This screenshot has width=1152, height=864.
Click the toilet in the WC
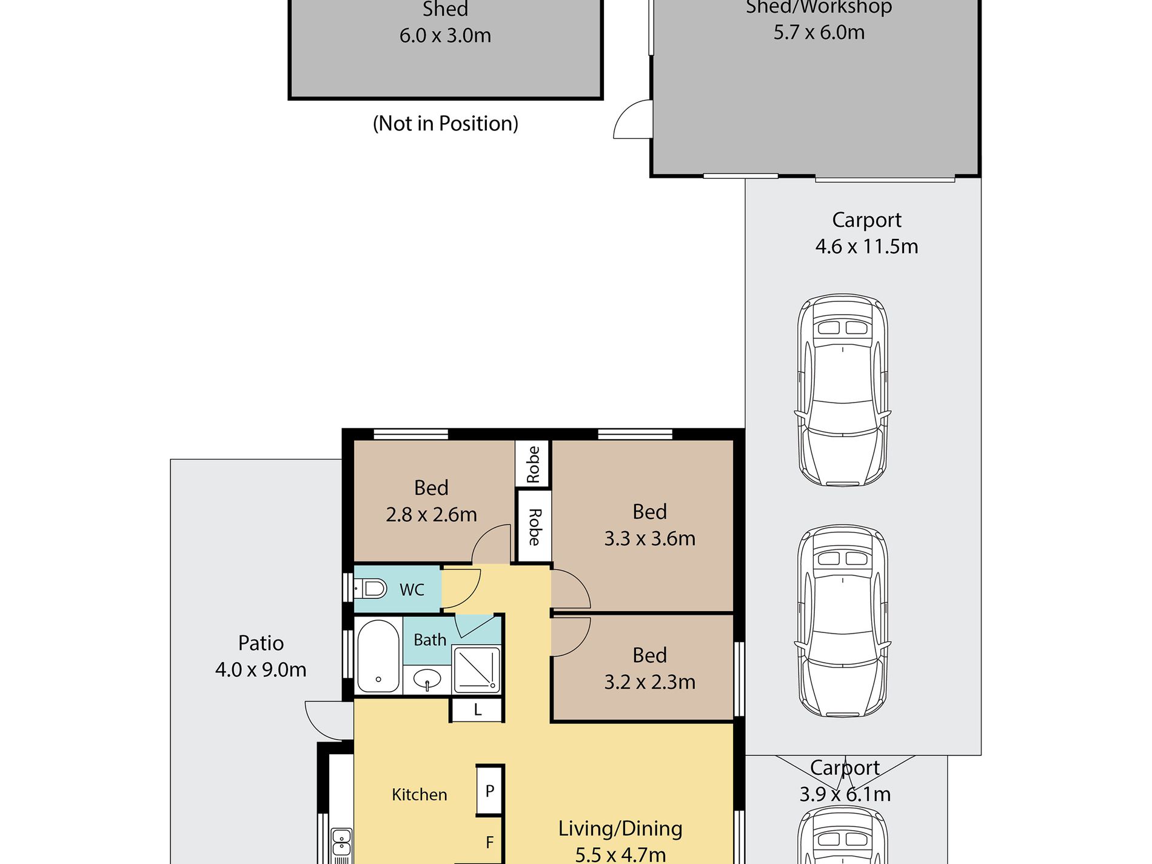[x=370, y=588]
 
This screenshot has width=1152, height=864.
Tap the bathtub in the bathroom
[x=378, y=656]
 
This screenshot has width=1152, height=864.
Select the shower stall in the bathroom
[x=477, y=670]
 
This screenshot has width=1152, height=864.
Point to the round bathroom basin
[x=427, y=678]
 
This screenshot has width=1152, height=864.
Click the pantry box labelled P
[x=490, y=791]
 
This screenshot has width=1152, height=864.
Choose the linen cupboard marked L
[x=478, y=709]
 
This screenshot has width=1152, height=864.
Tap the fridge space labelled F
[x=489, y=842]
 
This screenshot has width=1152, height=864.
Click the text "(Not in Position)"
[x=446, y=124]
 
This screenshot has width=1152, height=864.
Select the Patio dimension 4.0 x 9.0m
[x=261, y=669]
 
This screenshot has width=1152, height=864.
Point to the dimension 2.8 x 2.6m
[x=431, y=515]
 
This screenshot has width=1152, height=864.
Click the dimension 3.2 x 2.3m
[x=649, y=682]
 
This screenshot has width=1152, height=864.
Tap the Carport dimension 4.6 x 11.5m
[x=866, y=247]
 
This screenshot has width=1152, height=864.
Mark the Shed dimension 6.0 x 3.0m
[x=445, y=36]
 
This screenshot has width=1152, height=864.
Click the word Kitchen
[x=420, y=794]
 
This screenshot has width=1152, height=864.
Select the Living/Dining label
[x=620, y=828]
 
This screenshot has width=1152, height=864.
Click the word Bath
[x=430, y=640]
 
